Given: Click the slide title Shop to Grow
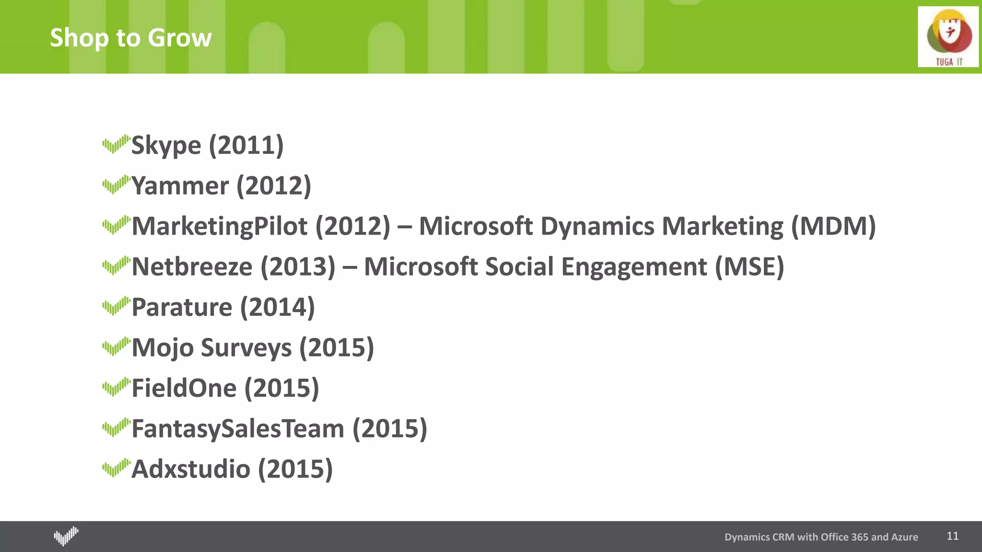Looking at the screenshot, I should click(130, 37).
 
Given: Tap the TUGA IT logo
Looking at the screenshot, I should click(948, 37).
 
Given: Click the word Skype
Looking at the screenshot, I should click(166, 145).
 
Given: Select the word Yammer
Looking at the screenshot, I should click(180, 186).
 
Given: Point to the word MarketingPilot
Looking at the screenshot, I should click(219, 226).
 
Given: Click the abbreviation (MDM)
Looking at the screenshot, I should click(833, 226).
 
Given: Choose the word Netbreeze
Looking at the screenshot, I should click(192, 267).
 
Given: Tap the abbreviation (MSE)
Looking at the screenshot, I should click(749, 267).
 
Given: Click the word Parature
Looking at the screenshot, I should click(182, 307).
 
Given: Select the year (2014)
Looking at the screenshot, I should click(277, 307).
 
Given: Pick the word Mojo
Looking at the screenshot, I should click(163, 348).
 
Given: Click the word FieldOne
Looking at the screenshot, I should click(184, 388).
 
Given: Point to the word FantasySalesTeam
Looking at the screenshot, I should click(238, 428).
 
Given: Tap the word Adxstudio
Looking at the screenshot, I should click(190, 469).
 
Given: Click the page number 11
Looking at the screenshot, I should click(952, 536).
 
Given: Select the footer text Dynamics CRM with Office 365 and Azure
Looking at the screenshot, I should click(821, 537).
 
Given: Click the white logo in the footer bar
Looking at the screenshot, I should click(66, 536).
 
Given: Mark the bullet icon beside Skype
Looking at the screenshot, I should click(116, 144).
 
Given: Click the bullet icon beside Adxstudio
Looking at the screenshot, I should click(116, 468).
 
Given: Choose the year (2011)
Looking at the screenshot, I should click(246, 145).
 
